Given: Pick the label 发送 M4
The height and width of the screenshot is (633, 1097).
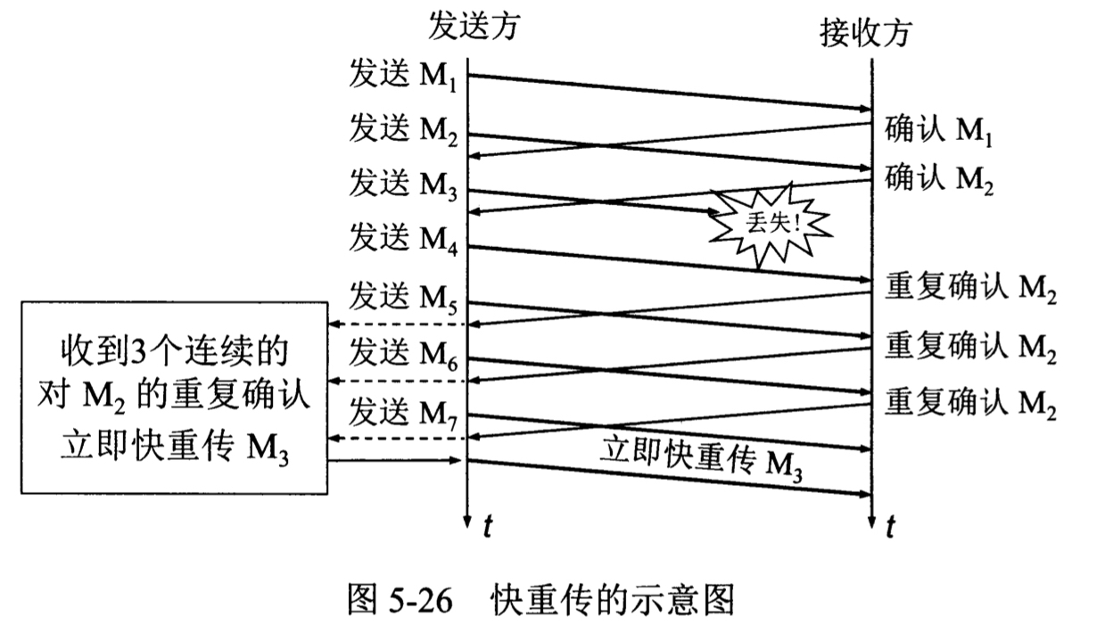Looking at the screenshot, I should coord(404,240).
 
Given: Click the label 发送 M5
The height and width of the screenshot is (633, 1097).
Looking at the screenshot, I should coord(404,296).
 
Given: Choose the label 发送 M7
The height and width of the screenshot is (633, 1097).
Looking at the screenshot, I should coord(404,413).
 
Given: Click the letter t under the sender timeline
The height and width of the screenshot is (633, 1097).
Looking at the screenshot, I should coord(487,526).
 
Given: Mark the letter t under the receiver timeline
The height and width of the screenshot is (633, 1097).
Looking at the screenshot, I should coord(889,526).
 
